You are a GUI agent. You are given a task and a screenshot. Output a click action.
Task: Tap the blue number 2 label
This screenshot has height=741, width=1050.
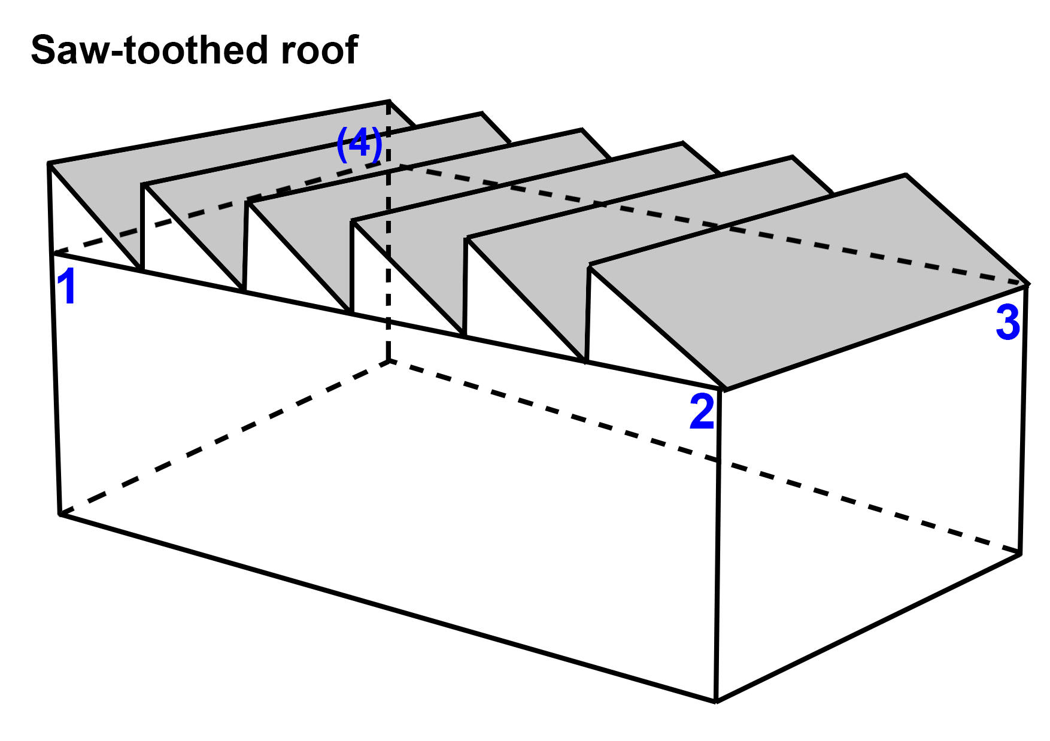702,412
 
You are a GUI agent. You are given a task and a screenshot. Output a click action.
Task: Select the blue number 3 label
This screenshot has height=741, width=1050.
1007,323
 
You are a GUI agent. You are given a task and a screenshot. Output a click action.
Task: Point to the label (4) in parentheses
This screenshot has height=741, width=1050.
359,145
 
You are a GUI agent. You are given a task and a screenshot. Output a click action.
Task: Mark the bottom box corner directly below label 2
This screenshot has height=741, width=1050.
716,701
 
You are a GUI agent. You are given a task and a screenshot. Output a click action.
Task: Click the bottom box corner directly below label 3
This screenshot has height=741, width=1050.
1020,554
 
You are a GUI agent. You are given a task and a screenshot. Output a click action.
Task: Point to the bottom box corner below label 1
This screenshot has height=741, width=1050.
60,514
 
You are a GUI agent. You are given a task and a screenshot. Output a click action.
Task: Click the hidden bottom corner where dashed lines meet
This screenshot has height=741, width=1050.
390,361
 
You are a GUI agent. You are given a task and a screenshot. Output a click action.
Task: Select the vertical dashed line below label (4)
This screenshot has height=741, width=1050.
389,269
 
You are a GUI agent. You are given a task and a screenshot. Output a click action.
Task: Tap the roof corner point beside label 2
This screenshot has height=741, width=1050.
724,390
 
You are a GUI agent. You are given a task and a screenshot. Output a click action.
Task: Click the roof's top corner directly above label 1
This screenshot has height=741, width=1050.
49,163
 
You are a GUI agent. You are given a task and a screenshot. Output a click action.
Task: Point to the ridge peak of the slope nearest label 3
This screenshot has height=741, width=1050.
905,175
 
